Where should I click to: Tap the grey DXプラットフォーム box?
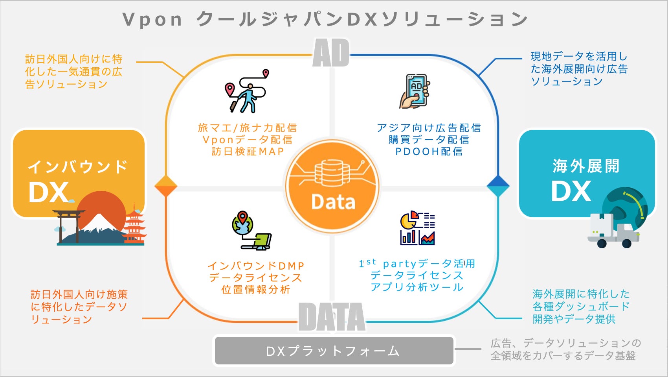334,351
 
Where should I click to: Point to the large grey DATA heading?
332,317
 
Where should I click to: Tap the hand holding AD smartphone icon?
415,91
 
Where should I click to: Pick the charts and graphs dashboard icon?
417,228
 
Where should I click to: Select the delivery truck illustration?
612,232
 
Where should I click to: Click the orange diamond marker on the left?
166,186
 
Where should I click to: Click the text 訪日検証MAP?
248,152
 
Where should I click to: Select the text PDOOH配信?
429,152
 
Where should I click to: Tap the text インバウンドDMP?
256,266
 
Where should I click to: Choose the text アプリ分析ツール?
417,287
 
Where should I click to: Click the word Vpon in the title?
152,20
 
